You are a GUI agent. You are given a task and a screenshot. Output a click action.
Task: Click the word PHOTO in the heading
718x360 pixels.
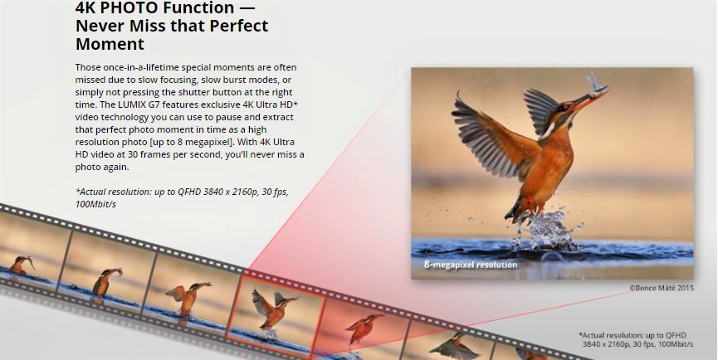(124, 7)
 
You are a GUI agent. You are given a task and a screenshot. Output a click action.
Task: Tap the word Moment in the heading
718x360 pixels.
(110, 44)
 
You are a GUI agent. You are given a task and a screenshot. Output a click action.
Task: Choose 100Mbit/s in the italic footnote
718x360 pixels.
(95, 205)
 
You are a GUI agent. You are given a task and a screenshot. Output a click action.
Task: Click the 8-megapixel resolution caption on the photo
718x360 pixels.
(471, 265)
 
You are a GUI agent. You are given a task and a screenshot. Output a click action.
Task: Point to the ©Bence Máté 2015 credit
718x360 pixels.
(662, 288)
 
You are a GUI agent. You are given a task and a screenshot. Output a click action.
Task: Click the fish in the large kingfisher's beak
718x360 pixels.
(596, 85)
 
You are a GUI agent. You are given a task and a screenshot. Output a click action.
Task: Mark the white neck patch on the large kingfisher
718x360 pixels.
(549, 132)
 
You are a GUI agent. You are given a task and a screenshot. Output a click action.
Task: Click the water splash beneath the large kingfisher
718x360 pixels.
(547, 230)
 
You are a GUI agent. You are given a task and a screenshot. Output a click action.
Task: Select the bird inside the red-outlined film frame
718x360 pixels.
(274, 309)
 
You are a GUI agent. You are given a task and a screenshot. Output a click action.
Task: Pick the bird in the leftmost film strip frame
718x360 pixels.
(21, 265)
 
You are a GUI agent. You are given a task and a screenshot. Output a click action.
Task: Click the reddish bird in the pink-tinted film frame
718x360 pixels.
(364, 328)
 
